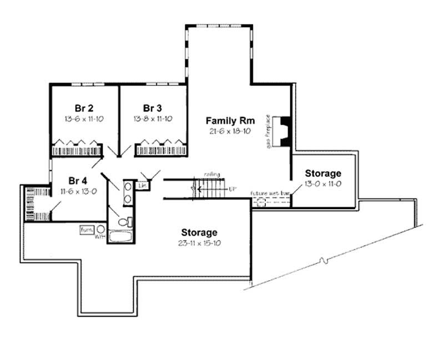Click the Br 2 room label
[x=83, y=108]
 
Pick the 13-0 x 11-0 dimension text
[x=323, y=184]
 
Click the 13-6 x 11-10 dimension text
[x=83, y=118]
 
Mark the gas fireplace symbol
[x=284, y=131]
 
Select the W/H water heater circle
[x=101, y=229]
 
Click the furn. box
[x=87, y=229]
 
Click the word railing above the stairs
[x=211, y=174]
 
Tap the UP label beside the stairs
[x=233, y=189]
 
